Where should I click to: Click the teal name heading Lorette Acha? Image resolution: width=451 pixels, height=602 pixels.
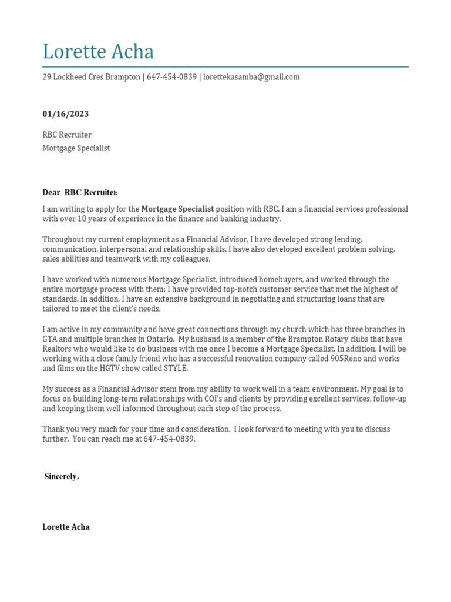coord(98,52)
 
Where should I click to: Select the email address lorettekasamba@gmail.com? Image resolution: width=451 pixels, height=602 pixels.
coord(251,77)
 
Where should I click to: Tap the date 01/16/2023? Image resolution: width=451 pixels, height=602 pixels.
coord(66,114)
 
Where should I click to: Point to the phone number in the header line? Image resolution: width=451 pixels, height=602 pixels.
coord(171,77)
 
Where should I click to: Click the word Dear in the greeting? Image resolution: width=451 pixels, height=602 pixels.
coord(52,192)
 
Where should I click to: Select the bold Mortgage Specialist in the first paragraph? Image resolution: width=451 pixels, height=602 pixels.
coord(177,209)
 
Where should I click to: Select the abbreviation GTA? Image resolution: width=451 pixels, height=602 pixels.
coord(51,339)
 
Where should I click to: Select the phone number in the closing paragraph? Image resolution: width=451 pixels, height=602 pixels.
coord(169,439)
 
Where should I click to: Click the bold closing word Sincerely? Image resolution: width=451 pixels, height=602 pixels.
coord(60,477)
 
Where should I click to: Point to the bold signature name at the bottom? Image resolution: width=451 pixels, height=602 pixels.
coord(66,527)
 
